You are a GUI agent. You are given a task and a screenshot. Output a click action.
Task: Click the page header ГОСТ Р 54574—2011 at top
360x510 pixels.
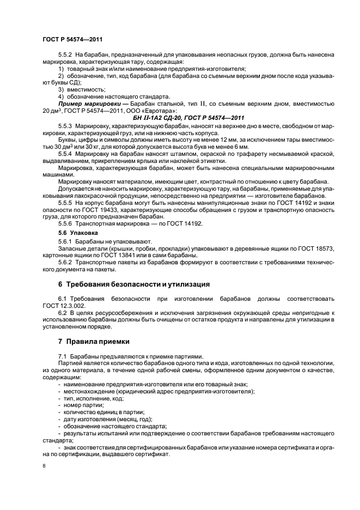point(72,39)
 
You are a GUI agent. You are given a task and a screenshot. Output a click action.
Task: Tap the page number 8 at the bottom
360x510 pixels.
point(45,466)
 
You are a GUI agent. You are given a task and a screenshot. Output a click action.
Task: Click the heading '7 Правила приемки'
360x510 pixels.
point(94,342)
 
